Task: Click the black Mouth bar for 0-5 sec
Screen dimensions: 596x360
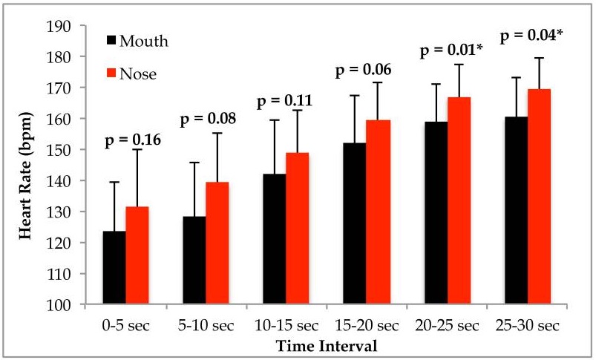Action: point(114,268)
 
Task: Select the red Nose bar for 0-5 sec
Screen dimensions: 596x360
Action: point(137,255)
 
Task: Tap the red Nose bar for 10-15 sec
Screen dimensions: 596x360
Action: point(297,229)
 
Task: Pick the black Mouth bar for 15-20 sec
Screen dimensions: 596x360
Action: point(355,223)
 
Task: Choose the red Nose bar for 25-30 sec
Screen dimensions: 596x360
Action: point(539,197)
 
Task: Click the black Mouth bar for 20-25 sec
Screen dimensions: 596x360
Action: point(436,213)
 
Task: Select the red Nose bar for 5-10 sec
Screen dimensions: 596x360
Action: point(217,243)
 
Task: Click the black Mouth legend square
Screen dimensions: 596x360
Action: point(111,40)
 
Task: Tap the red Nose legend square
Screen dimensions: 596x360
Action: point(111,73)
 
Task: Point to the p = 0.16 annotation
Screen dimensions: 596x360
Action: point(133,140)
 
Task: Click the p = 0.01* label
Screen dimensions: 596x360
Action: point(448,51)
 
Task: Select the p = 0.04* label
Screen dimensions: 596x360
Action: point(531,36)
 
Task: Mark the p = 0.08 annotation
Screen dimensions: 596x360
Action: point(208,120)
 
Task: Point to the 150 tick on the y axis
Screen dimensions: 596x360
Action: point(59,150)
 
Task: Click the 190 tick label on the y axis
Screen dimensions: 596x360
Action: point(59,26)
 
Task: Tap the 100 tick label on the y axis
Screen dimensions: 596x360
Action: point(59,305)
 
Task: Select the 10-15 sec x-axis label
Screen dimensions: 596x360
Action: point(286,325)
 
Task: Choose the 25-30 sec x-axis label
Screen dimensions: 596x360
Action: point(528,325)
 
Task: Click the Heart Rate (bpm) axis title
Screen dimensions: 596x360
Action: point(25,176)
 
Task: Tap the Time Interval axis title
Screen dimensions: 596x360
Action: point(327,346)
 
